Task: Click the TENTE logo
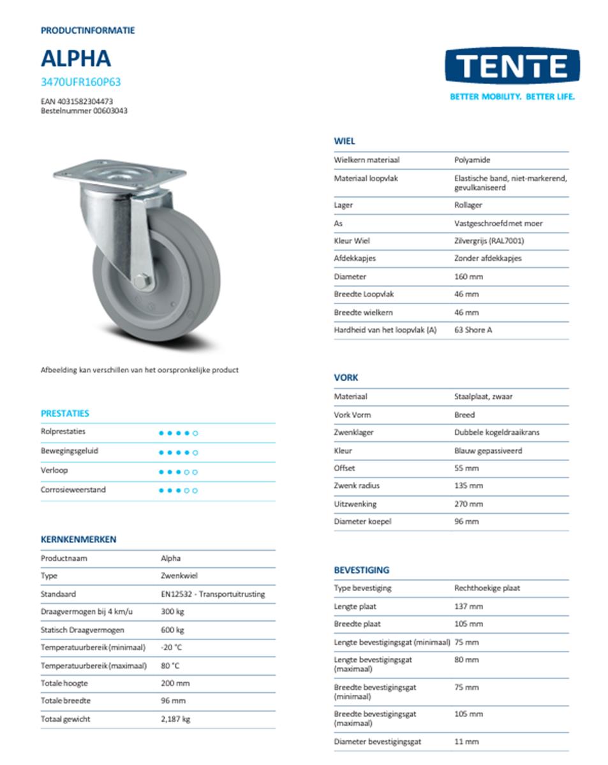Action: (512, 66)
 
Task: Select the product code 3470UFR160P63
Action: (80, 82)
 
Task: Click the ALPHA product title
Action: (76, 58)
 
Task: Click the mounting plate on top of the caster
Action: (120, 173)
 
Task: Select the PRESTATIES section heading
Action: (65, 413)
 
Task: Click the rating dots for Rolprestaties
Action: (178, 433)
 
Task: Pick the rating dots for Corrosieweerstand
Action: (178, 490)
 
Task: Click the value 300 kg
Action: (172, 611)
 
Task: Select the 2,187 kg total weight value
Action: (175, 718)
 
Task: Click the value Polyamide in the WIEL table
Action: (472, 160)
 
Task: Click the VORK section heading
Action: (346, 377)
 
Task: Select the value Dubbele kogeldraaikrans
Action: (496, 432)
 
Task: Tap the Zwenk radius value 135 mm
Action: (468, 486)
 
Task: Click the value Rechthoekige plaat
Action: (487, 588)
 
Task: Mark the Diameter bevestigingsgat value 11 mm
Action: (466, 741)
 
